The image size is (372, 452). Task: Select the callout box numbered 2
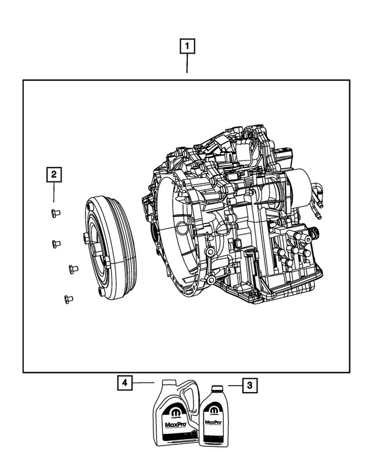[x=53, y=173]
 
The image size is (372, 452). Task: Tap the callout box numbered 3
[x=249, y=385]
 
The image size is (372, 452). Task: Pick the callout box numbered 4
[x=123, y=383]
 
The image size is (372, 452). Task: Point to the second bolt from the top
[x=56, y=243]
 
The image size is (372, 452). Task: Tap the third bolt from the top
[x=73, y=269]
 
